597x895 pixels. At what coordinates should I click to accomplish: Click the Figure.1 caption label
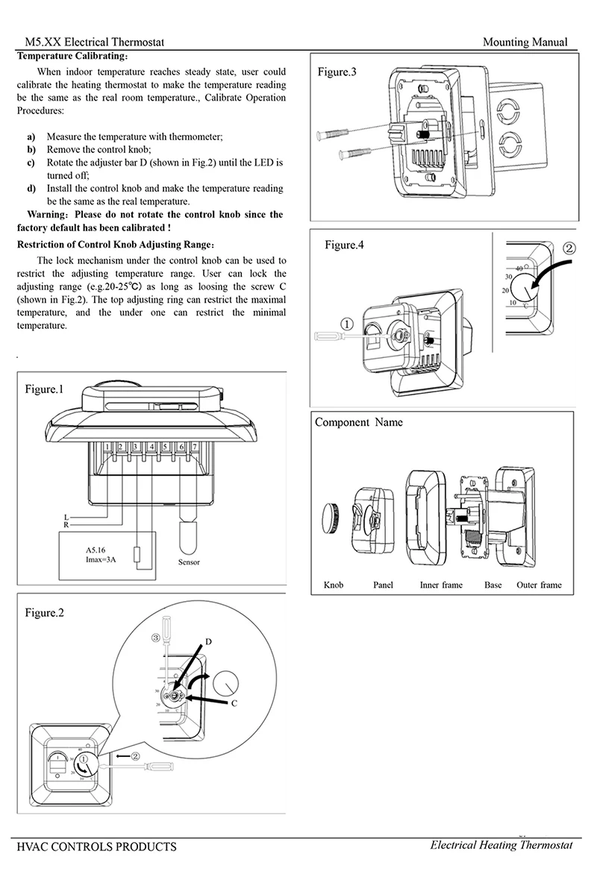click(x=45, y=389)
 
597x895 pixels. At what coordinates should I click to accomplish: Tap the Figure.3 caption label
click(x=337, y=72)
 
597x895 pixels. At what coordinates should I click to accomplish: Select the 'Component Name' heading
click(x=358, y=422)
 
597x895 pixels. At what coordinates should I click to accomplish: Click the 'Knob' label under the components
click(x=334, y=585)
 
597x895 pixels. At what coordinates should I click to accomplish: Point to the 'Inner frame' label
click(x=441, y=585)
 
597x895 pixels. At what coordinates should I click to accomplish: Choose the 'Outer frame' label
click(x=539, y=585)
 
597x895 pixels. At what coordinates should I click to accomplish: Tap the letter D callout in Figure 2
click(x=209, y=641)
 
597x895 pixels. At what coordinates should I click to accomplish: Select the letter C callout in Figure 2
click(x=234, y=703)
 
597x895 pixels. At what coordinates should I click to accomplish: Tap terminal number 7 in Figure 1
click(x=195, y=447)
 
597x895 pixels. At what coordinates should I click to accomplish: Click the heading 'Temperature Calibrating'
click(x=72, y=56)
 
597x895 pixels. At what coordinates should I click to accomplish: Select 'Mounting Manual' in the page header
click(x=525, y=43)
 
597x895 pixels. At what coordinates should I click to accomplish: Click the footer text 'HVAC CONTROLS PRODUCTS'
click(x=96, y=847)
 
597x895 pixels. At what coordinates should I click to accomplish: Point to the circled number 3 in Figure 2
click(x=155, y=638)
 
